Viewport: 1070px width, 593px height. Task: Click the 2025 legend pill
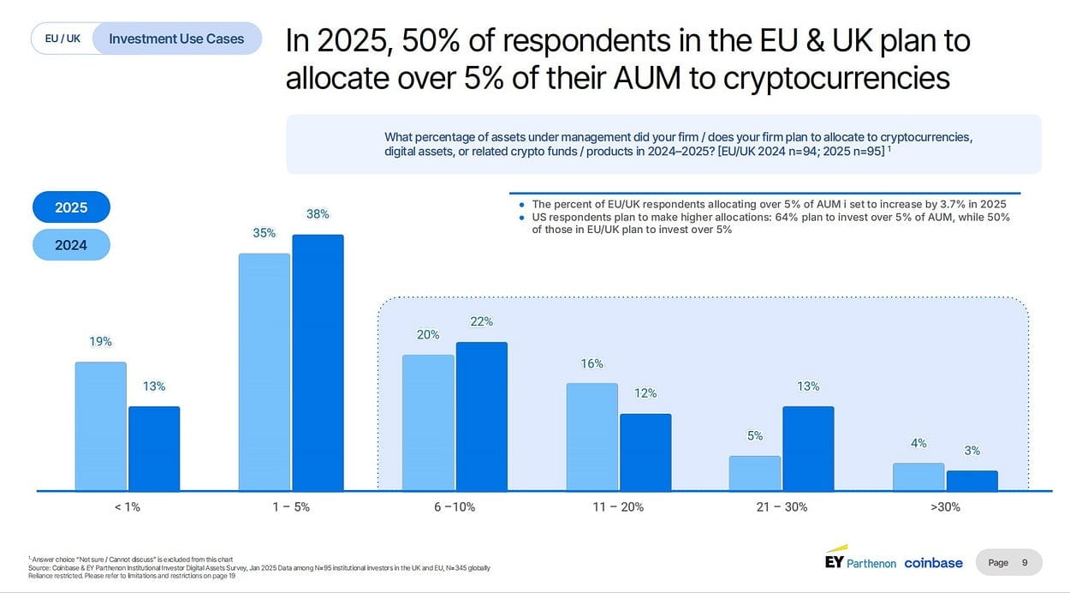point(71,207)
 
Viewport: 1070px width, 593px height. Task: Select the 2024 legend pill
point(71,245)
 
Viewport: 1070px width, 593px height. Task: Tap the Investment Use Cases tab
point(176,39)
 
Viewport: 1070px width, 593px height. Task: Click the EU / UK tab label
point(62,39)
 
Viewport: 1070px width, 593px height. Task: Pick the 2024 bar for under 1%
point(101,426)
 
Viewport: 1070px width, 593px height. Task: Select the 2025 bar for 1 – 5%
point(318,362)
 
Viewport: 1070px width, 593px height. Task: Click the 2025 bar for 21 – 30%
point(808,448)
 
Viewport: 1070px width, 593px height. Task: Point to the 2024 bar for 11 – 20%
point(591,437)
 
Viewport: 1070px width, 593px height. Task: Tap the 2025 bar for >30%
point(972,481)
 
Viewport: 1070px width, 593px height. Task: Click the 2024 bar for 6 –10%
point(428,422)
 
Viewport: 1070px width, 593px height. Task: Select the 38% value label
point(318,214)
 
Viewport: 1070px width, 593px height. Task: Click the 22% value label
point(481,321)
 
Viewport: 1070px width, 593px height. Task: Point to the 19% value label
point(101,341)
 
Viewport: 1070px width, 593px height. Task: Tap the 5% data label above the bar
point(755,435)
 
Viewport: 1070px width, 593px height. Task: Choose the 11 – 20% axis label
point(618,506)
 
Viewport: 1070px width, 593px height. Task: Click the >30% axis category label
point(945,506)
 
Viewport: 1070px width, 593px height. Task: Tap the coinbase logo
point(933,563)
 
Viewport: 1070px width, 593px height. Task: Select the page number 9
point(1025,563)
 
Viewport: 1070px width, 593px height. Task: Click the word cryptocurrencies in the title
point(836,78)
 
